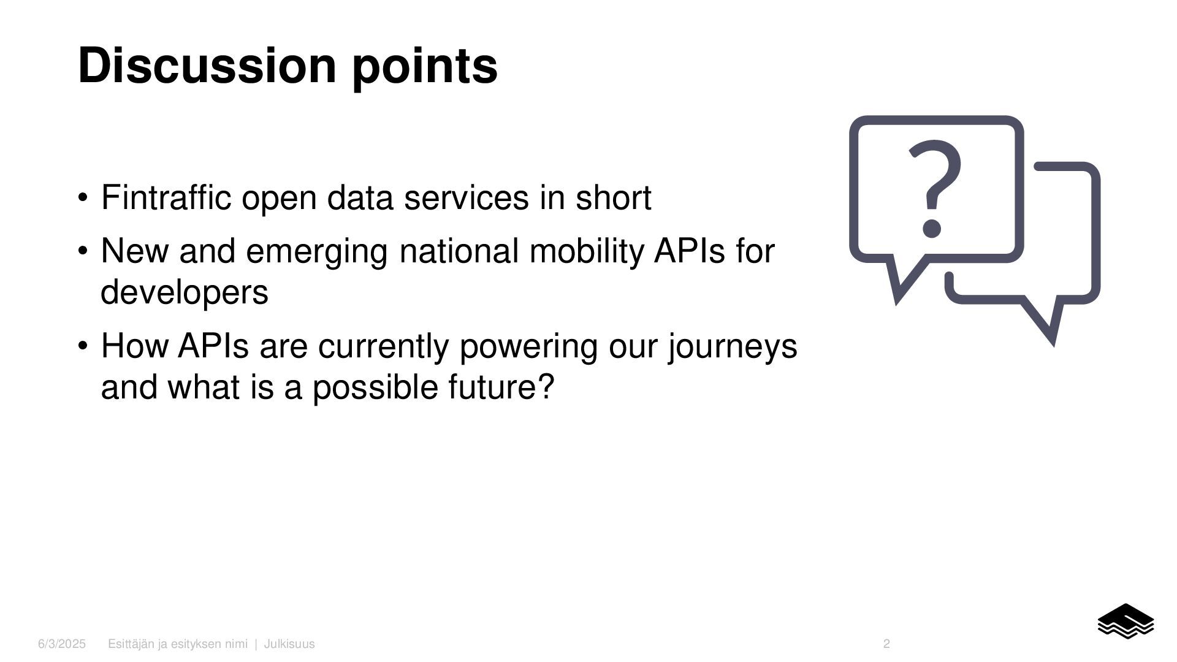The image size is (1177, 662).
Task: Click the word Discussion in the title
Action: click(x=207, y=65)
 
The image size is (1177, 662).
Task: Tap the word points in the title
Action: click(x=425, y=67)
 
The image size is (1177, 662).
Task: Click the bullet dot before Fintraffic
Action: click(x=83, y=198)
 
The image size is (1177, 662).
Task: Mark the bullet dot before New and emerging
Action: click(x=83, y=251)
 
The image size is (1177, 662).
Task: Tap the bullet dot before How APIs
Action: click(x=83, y=346)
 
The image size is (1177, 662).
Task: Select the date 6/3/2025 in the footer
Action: click(x=62, y=644)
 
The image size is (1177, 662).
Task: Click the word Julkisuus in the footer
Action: click(x=289, y=644)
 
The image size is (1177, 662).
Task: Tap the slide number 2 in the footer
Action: click(x=886, y=644)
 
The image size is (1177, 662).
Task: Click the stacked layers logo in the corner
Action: click(x=1126, y=621)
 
